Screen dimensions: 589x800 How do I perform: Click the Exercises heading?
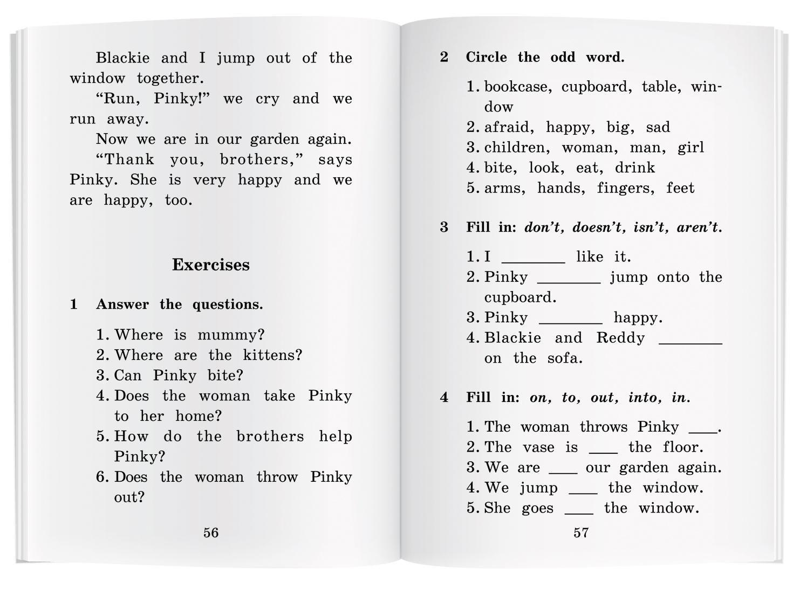pos(210,265)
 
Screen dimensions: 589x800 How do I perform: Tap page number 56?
pos(211,532)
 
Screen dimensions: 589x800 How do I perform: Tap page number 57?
pos(581,532)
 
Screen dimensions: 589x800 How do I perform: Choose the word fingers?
pos(625,188)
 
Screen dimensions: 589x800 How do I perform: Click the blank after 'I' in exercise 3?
pos(533,259)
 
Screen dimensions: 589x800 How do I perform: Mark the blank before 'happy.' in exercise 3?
pos(571,320)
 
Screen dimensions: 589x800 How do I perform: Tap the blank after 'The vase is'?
pos(603,449)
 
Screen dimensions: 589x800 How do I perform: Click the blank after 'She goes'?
pos(579,510)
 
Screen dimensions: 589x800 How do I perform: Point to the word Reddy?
pos(620,338)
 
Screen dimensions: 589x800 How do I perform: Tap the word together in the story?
pos(169,79)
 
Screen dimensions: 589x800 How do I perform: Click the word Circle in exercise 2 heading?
pos(486,57)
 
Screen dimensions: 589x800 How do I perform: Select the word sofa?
pos(564,358)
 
